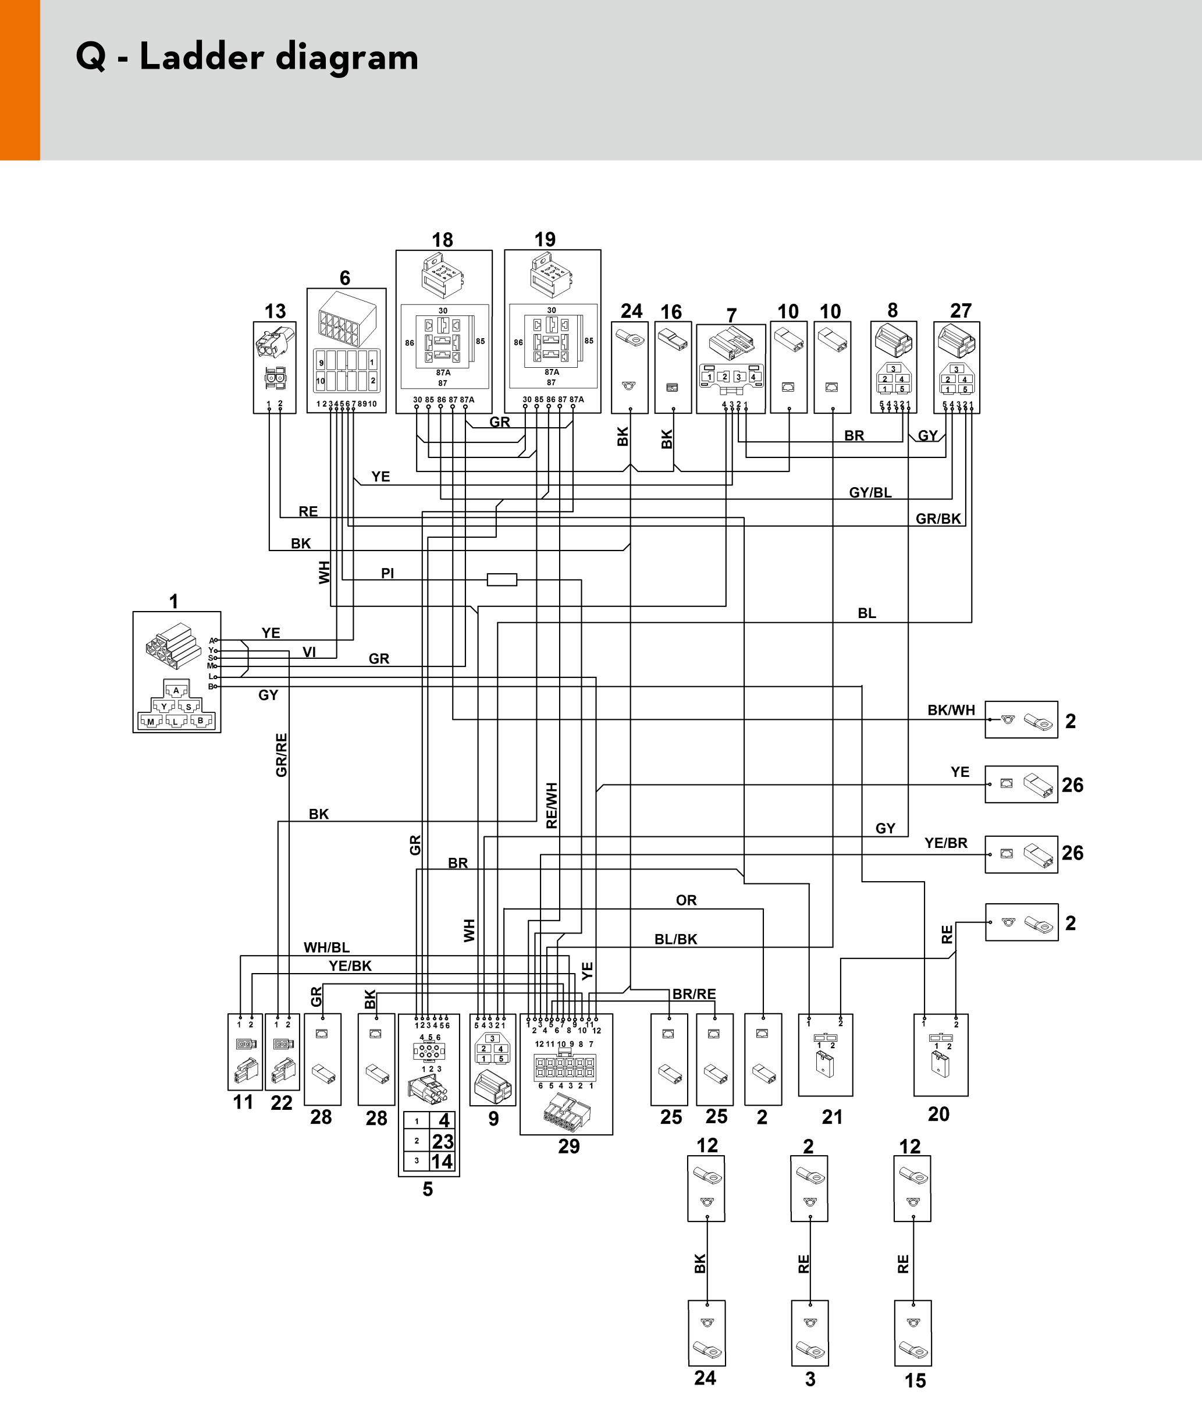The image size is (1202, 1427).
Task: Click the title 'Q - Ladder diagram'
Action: (x=247, y=56)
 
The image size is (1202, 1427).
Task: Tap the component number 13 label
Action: (x=275, y=311)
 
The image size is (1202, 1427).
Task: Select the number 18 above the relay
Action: (x=442, y=240)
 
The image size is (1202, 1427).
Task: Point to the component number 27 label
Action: (x=961, y=311)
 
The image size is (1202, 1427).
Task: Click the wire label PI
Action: (x=387, y=573)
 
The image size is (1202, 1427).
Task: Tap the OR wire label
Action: (x=686, y=900)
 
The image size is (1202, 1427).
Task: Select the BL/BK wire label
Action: (x=676, y=939)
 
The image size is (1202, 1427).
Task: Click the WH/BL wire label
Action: (x=326, y=947)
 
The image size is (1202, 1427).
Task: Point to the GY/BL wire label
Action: (x=870, y=492)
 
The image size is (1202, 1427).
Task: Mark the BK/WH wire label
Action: (x=951, y=709)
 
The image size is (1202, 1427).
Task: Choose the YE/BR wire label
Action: (x=946, y=842)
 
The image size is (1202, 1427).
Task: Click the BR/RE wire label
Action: (x=694, y=993)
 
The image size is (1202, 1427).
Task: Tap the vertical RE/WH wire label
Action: (x=552, y=805)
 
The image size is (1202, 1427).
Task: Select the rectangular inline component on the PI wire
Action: (x=502, y=580)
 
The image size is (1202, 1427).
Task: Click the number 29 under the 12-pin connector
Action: (x=569, y=1146)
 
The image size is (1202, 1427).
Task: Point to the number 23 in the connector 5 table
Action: (x=443, y=1141)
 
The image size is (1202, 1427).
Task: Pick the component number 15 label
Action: (x=915, y=1380)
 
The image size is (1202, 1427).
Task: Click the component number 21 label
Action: (x=832, y=1117)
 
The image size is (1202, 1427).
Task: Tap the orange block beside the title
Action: (x=20, y=80)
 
